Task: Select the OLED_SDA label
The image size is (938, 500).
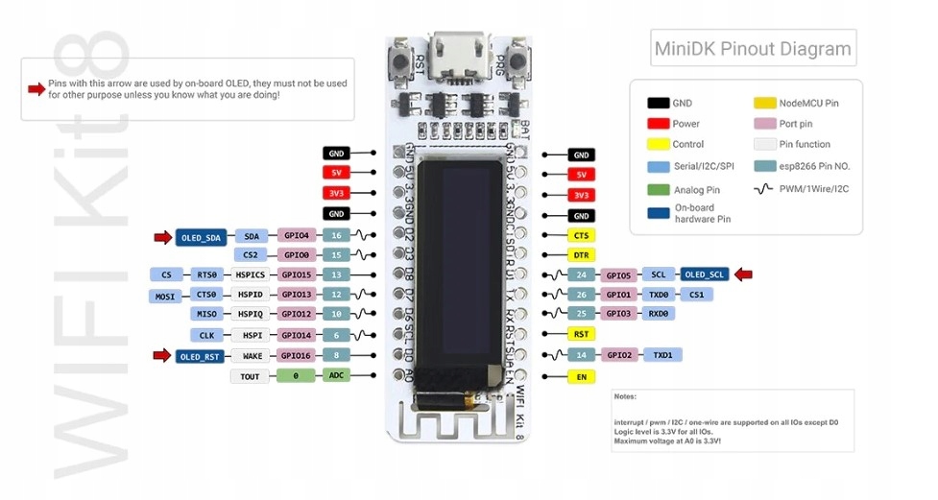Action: coord(200,236)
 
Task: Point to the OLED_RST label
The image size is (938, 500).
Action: coord(200,356)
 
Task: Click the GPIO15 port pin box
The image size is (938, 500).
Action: coord(297,274)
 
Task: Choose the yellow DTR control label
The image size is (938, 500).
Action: coord(581,255)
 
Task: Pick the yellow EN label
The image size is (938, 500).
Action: coord(581,377)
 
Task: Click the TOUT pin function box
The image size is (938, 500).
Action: coord(250,376)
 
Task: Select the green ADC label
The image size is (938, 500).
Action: coord(336,376)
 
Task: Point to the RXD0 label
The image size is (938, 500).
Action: coord(658,313)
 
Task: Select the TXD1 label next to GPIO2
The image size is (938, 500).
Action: coord(661,355)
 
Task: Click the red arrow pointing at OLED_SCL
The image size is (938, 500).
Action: coord(743,274)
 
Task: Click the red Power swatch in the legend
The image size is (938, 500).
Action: coord(658,124)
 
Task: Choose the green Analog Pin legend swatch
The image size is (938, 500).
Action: coord(658,189)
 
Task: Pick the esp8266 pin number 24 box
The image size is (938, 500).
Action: coord(581,274)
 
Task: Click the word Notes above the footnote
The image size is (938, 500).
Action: coord(626,396)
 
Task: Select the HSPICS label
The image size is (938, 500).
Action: coord(252,274)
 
